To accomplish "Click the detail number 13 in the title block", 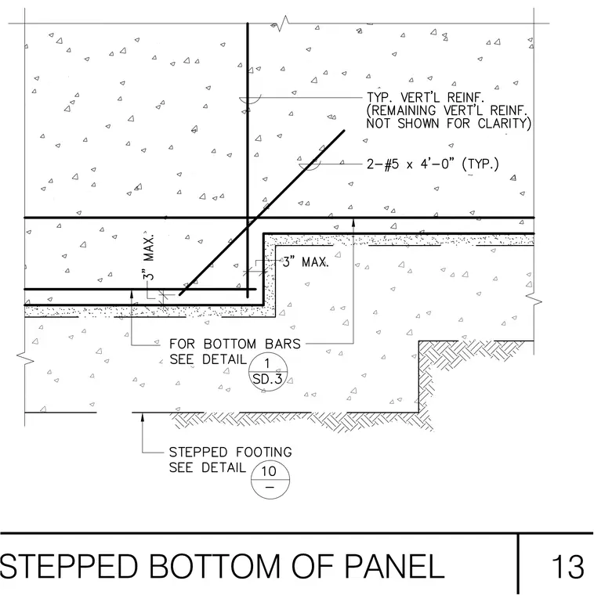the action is (x=567, y=567).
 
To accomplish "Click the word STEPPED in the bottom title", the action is (x=69, y=567).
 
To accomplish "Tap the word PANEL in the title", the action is (x=394, y=567).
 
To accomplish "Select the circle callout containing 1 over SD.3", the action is (x=268, y=372).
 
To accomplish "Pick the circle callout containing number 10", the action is (x=270, y=479).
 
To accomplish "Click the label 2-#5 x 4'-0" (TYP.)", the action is (x=433, y=164).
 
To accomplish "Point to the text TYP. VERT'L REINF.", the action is (x=425, y=98).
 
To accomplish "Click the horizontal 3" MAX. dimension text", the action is (x=306, y=261).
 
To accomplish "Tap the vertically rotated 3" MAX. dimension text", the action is (x=149, y=257).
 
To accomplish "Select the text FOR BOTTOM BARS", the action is (x=235, y=344).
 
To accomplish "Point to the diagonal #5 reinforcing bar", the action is (x=262, y=212).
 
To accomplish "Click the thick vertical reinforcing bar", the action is (x=248, y=160).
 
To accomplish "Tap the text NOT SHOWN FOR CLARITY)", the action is (x=448, y=124).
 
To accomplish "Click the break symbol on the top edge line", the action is (x=283, y=23).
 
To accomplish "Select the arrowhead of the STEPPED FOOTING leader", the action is (x=143, y=417).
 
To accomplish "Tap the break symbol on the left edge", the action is (x=25, y=359).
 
